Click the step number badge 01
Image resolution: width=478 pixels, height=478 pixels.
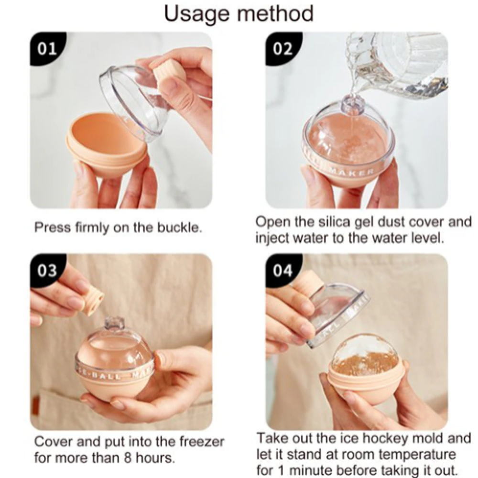[47, 49]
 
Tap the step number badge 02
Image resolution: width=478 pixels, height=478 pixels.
[282, 49]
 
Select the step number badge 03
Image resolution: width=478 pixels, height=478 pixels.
[47, 271]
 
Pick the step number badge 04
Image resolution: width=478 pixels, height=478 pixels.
[282, 271]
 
